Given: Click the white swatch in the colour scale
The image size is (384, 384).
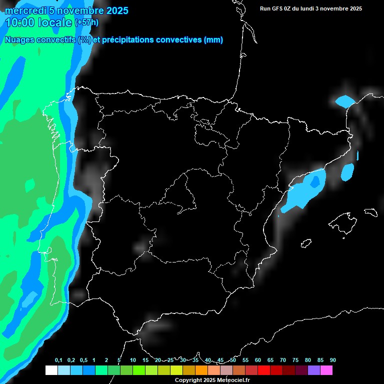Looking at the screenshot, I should pos(51,370).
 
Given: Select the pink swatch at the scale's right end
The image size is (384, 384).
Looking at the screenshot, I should pos(326,370).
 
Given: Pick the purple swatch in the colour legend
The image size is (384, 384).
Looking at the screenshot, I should pos(314,370).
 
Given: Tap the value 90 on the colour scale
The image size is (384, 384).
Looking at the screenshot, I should pos(333,360).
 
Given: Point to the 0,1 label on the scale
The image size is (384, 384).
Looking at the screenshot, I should pos(58,360).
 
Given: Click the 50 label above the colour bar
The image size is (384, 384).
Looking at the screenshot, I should pos(233,360).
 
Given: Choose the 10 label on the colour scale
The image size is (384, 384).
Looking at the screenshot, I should pos(132,360).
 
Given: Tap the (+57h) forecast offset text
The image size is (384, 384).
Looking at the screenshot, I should pos(86,22).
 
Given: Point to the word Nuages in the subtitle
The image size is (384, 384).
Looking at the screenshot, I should pos(19,40).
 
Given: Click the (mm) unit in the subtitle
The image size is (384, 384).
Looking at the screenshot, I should pos(213,40).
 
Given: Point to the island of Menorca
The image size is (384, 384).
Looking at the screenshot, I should pos(370,212).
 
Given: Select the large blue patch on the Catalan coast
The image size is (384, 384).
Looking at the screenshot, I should pos(304,192).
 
